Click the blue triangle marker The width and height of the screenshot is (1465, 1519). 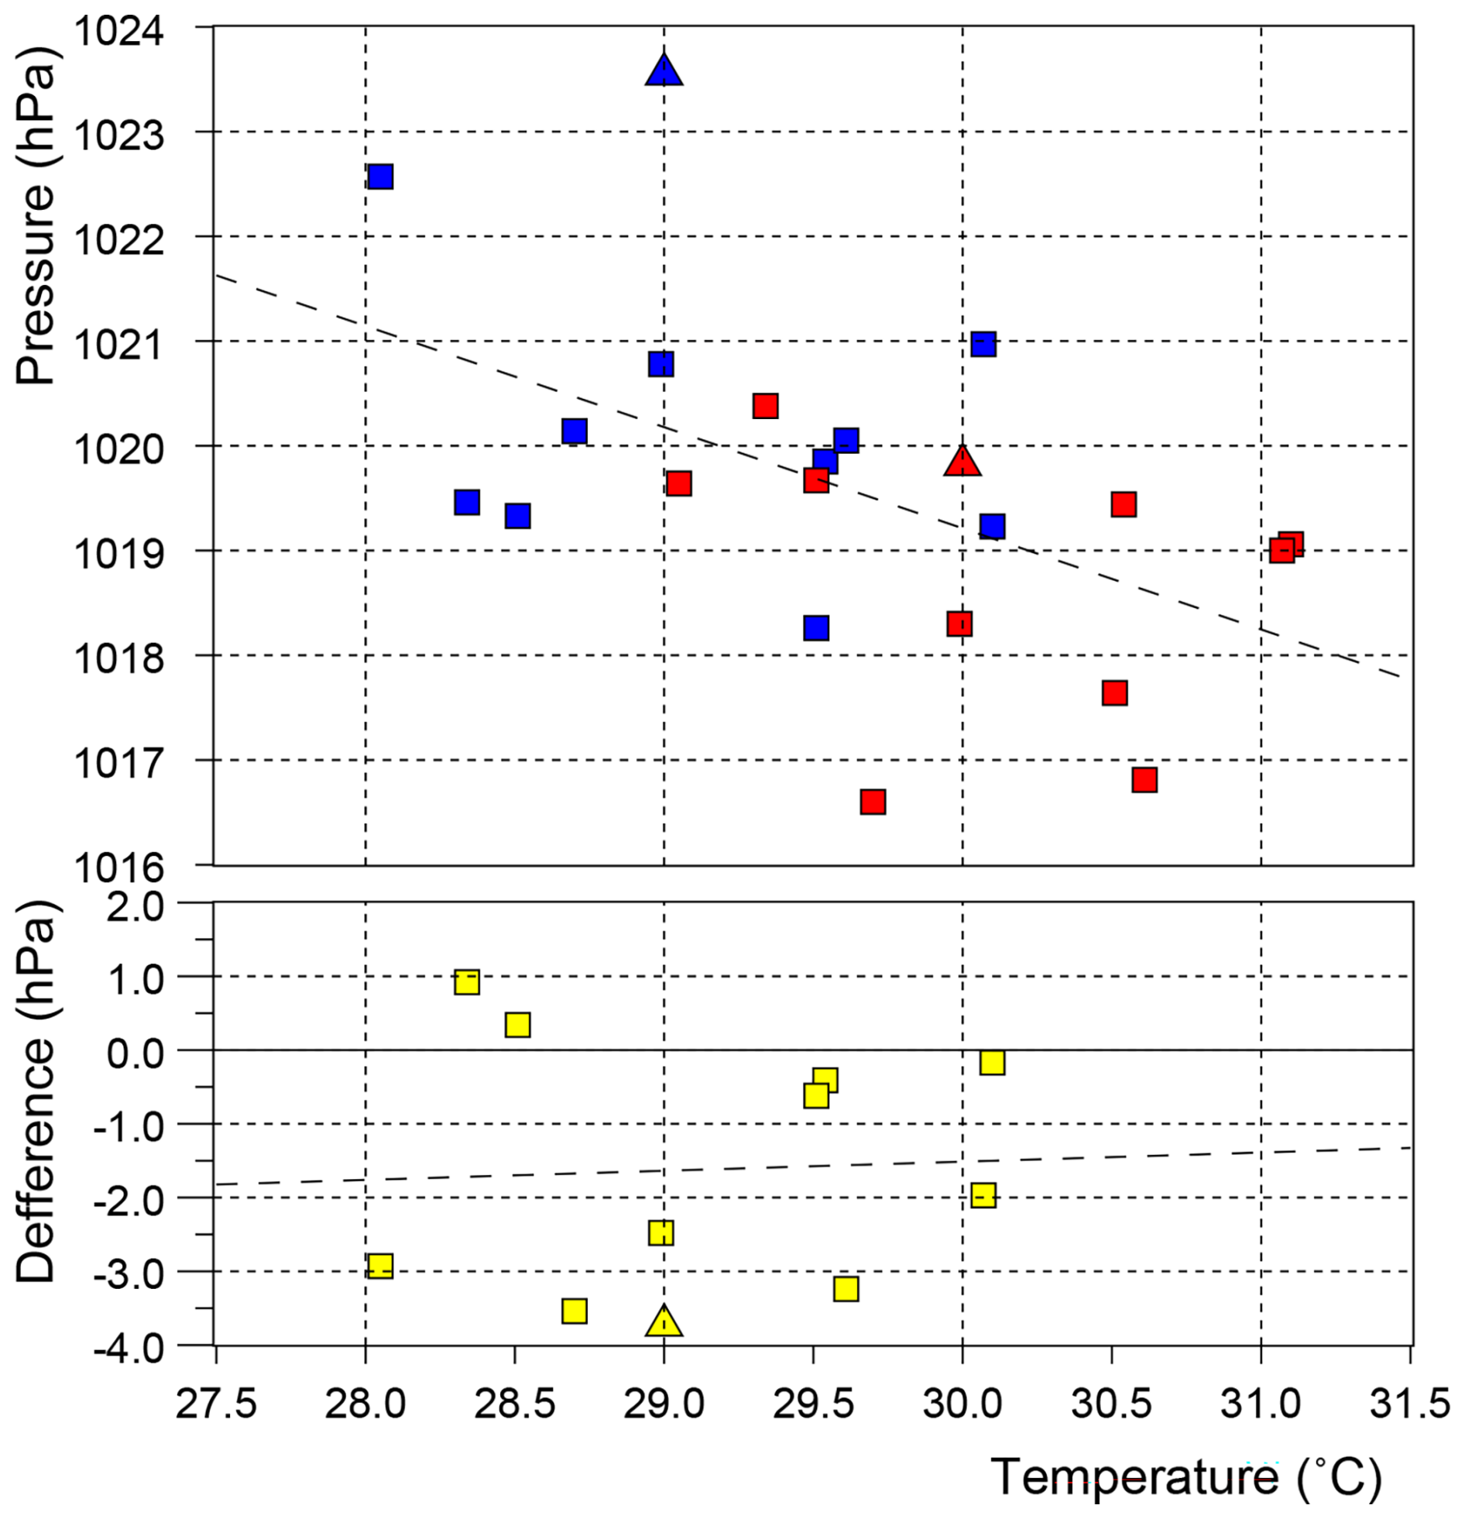(663, 72)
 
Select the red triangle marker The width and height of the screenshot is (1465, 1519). (962, 462)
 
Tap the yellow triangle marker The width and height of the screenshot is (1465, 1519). (663, 1321)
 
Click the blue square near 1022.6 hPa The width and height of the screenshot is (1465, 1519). (379, 177)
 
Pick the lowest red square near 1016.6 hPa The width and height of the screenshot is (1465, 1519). (873, 802)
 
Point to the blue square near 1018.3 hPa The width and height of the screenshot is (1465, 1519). (815, 627)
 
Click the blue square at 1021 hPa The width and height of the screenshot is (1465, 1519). (983, 343)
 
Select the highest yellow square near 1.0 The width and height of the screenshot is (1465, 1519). (466, 982)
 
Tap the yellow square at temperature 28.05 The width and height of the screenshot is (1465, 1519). (379, 1266)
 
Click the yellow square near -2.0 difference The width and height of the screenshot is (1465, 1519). (983, 1195)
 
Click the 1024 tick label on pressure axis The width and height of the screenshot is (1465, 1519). (119, 31)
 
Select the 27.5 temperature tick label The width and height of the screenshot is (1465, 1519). (216, 1403)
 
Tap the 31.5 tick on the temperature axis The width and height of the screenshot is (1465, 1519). (1409, 1403)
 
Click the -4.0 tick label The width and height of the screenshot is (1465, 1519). (129, 1349)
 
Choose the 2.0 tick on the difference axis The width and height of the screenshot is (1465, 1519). (135, 906)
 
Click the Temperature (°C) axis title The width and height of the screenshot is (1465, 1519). (1185, 1477)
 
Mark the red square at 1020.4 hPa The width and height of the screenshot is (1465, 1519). (765, 405)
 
